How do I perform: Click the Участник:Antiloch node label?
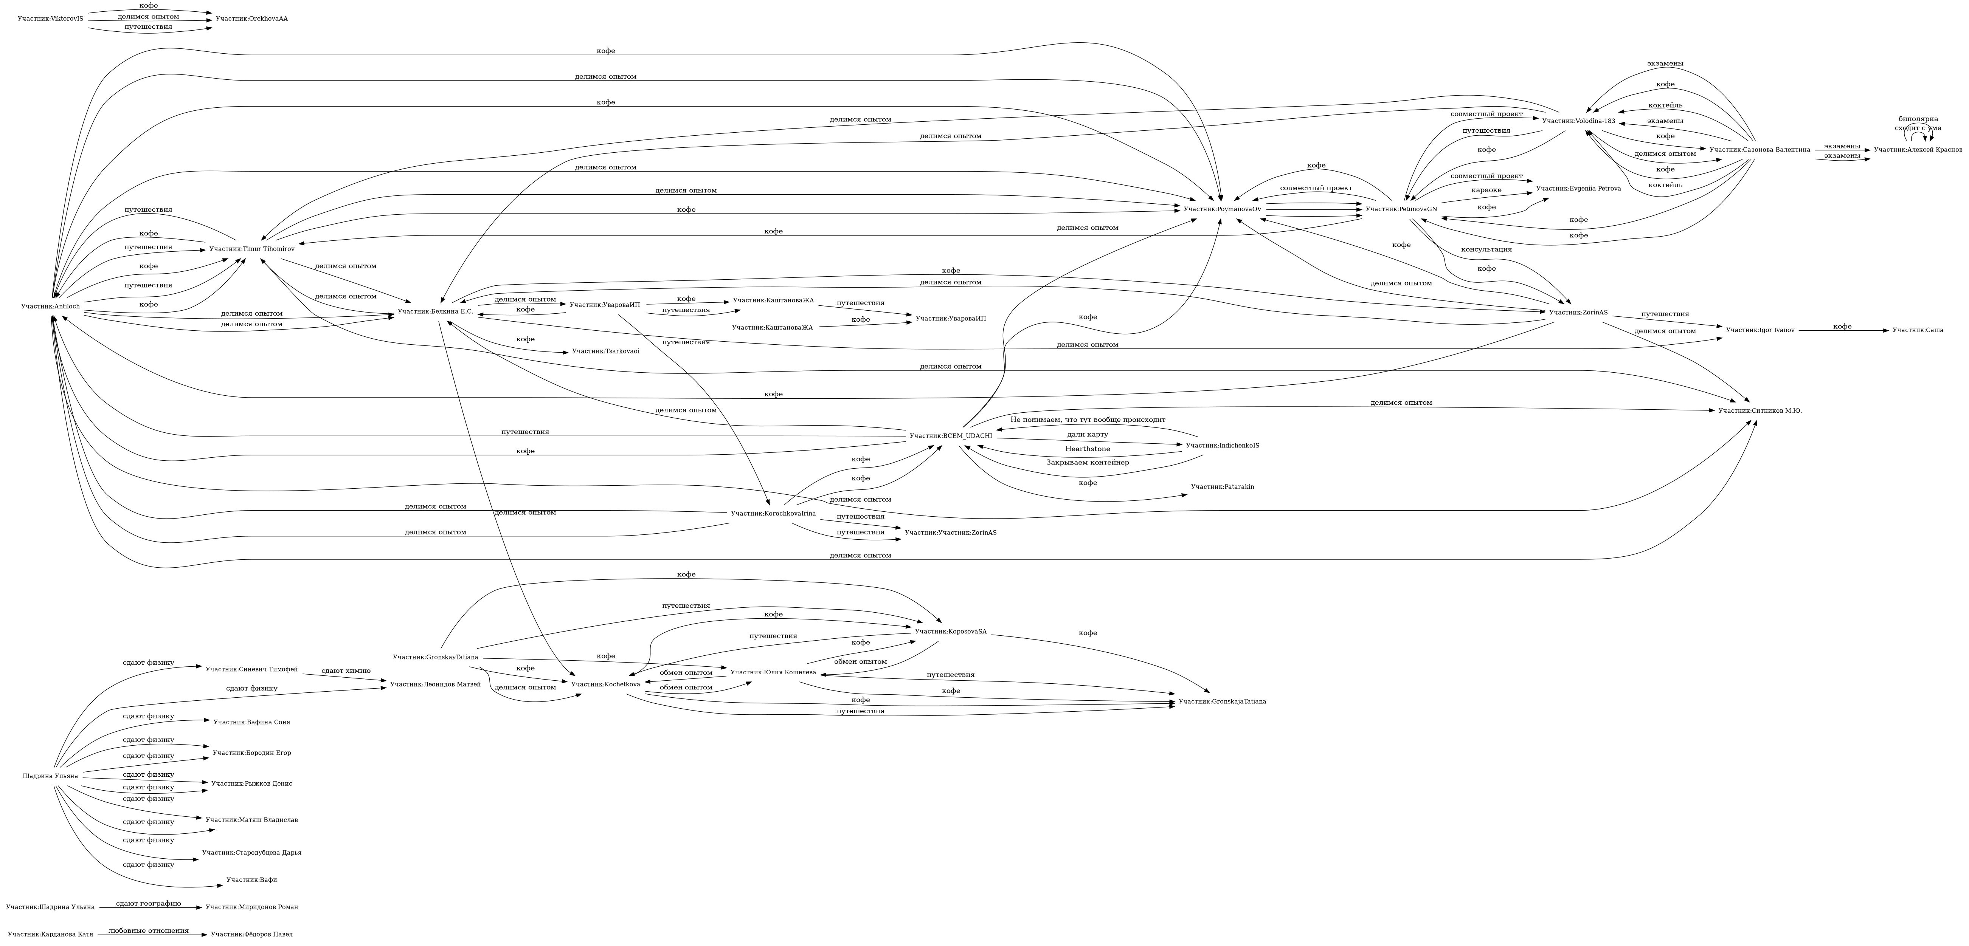tap(50, 307)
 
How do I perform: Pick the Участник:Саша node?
tap(1917, 330)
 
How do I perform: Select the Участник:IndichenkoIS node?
tap(1222, 446)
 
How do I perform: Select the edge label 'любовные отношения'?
tap(148, 931)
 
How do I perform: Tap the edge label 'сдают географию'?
tap(148, 903)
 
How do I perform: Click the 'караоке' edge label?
tap(1486, 190)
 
